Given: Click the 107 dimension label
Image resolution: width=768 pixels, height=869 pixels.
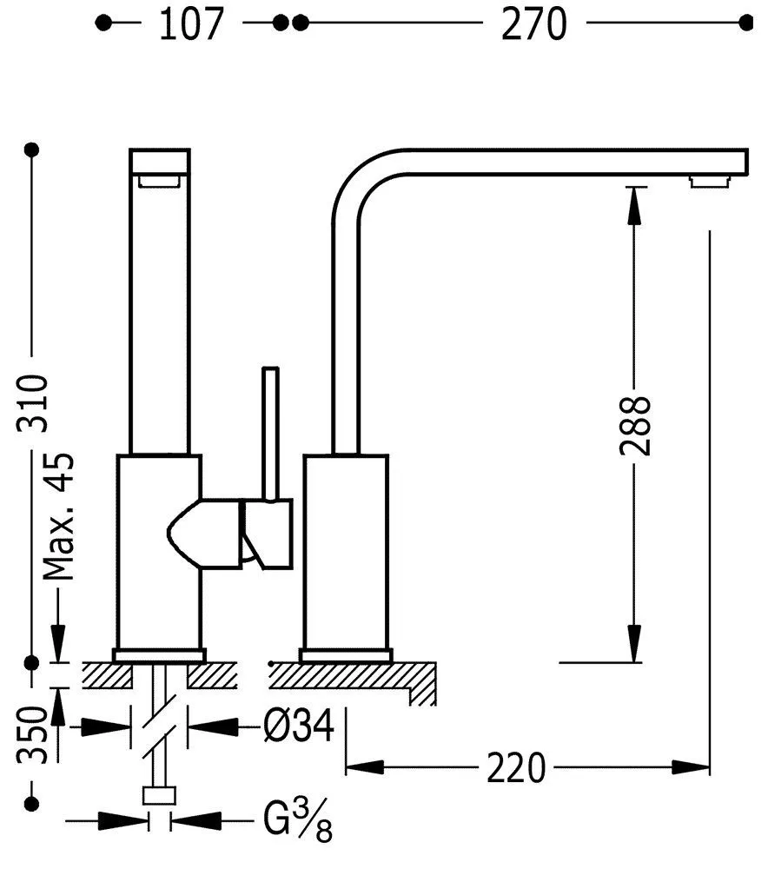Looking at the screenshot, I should click(190, 24).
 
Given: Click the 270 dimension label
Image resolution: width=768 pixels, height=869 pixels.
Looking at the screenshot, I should click(533, 24).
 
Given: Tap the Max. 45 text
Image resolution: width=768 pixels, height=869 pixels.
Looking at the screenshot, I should click(58, 517).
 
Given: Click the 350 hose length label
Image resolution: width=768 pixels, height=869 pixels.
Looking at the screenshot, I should click(32, 734).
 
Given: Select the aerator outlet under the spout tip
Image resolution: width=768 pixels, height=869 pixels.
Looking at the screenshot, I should click(708, 181).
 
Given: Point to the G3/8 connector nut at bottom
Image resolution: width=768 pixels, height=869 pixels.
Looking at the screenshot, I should click(159, 796).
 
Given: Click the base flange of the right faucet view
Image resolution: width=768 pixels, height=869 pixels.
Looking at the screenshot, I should click(346, 654).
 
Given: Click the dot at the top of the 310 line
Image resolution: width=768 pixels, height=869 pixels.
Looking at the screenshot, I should click(33, 150).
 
